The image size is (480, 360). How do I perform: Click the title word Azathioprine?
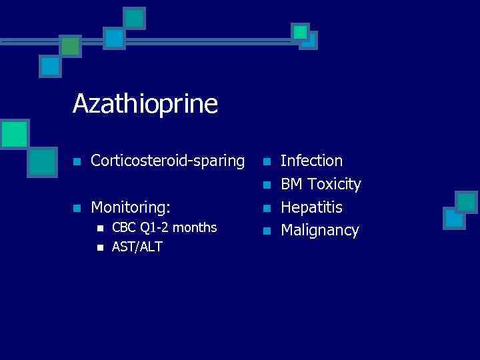click(145, 104)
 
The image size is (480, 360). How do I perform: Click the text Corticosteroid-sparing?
click(168, 161)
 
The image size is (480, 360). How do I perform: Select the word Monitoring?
click(134, 207)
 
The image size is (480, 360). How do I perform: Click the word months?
click(195, 228)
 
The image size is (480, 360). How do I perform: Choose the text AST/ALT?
click(137, 247)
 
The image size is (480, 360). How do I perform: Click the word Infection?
click(311, 161)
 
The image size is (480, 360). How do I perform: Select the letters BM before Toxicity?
click(292, 184)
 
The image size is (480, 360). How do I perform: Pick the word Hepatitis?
click(311, 207)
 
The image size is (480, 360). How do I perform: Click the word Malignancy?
click(319, 231)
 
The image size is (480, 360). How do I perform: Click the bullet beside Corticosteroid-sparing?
click(77, 161)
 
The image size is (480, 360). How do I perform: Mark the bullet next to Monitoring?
click(77, 208)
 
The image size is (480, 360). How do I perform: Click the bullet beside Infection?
click(267, 161)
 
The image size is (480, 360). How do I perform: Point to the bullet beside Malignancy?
click(267, 231)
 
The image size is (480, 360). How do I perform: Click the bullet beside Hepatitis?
click(267, 208)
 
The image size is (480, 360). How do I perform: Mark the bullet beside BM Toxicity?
click(267, 185)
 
